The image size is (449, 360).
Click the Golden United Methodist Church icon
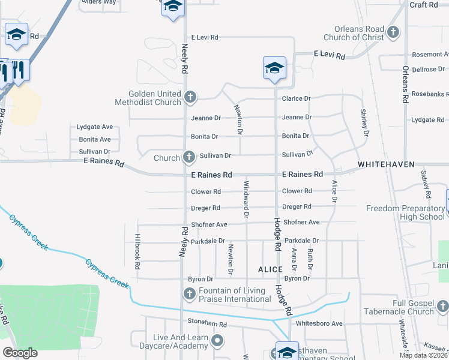190,97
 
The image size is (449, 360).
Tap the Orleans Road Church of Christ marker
393,32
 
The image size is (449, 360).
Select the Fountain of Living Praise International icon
189,294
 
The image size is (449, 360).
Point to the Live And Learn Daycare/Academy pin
217,341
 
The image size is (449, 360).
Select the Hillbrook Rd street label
137,251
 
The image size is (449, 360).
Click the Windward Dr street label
246,198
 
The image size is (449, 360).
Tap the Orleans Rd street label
406,83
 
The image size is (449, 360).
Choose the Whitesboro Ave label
319,323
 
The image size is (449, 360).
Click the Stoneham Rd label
206,324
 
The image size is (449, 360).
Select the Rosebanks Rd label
427,94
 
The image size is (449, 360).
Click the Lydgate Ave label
95,127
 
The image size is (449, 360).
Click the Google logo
20,353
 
